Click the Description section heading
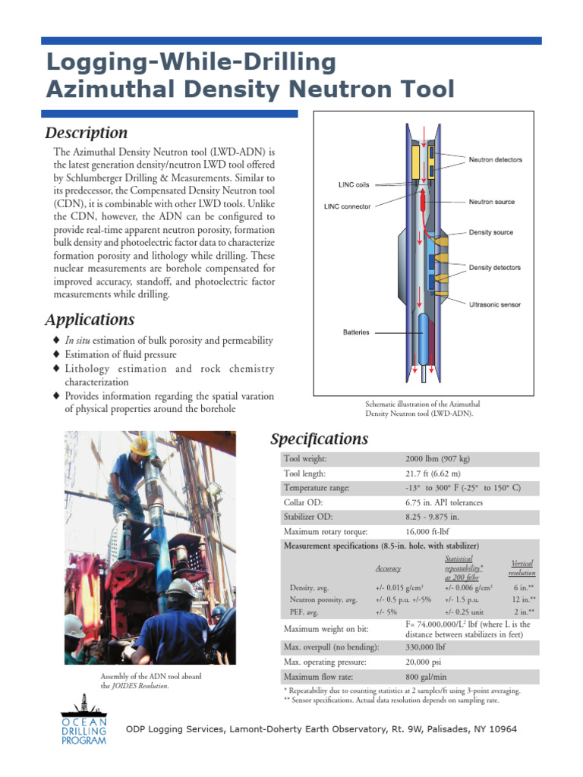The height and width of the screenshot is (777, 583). pos(87,133)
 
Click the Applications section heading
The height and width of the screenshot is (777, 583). pos(90,319)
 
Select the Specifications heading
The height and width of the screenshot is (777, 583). pos(320,439)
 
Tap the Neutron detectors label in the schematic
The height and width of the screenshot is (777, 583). pos(495,160)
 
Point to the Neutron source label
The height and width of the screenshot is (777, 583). pos(491,202)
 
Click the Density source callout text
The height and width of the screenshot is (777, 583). pos(490,232)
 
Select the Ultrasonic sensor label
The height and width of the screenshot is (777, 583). pos(494,304)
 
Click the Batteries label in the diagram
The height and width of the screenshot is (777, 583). pos(356,332)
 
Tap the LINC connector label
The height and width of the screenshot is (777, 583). pos(348,206)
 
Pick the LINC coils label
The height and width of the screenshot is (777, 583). pos(354,184)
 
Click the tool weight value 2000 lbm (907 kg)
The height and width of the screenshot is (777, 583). pos(438,459)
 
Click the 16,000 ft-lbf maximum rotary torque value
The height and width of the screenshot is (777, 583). pos(430,531)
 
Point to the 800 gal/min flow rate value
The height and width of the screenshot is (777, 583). pos(427,676)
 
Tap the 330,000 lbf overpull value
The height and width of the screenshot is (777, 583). pos(425,647)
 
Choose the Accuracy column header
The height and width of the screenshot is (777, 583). pos(388,568)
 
